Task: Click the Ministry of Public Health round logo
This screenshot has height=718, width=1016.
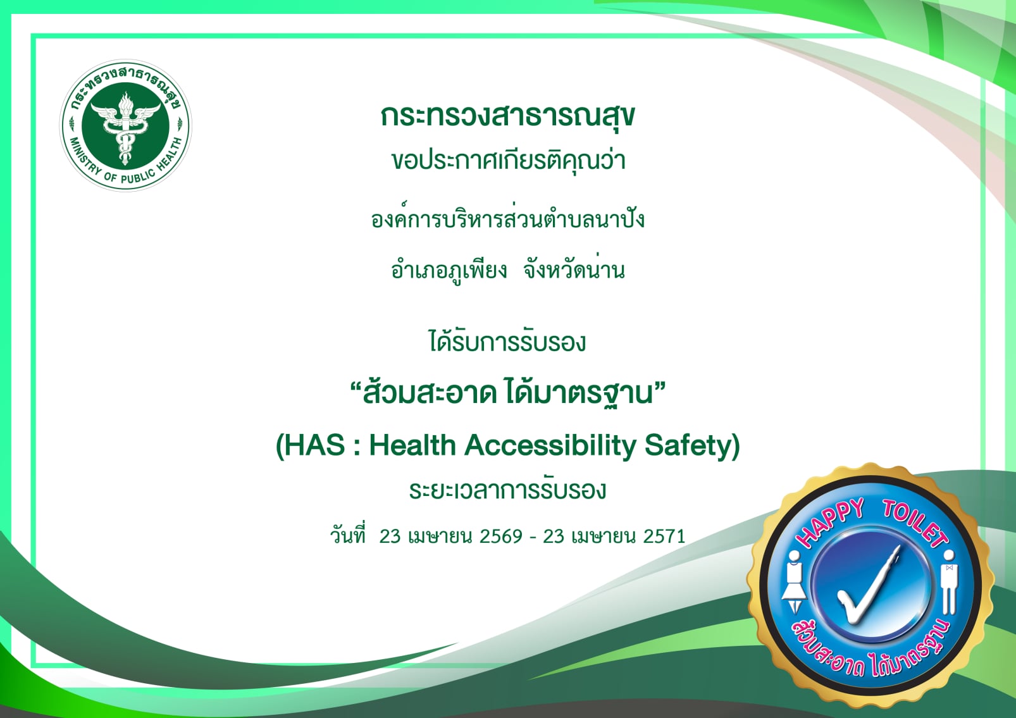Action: (126, 126)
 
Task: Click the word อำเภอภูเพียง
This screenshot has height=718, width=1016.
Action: (449, 270)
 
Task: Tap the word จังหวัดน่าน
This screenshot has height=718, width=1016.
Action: (574, 269)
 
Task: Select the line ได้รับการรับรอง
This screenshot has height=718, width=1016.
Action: (507, 342)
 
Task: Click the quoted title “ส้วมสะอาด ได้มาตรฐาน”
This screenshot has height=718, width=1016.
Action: (507, 392)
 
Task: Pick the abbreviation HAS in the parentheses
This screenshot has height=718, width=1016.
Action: (315, 445)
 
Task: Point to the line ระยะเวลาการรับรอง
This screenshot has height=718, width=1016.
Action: (507, 490)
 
